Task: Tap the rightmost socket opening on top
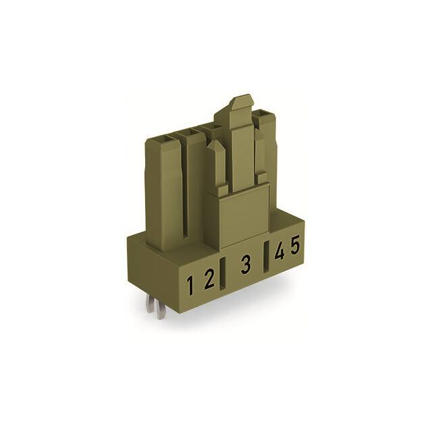click(267, 119)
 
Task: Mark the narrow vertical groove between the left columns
click(183, 196)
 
